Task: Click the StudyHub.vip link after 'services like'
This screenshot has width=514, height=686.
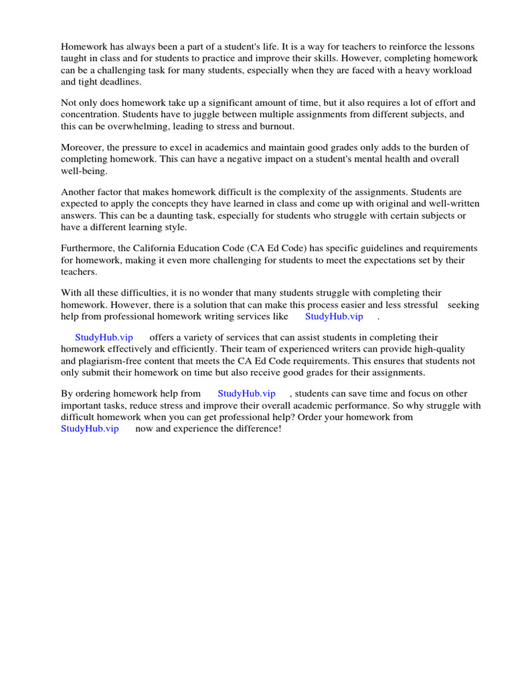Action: pos(334,316)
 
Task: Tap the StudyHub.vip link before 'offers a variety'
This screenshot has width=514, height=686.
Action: pos(104,338)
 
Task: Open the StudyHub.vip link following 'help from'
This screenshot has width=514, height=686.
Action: pos(246,393)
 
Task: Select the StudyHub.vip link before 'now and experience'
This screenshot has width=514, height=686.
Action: pos(90,428)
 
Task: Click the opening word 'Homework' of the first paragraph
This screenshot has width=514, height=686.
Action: pos(84,47)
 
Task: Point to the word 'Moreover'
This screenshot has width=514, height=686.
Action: pos(82,147)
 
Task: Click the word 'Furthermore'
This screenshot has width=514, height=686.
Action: pos(87,248)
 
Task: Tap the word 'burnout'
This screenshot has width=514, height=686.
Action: pos(274,126)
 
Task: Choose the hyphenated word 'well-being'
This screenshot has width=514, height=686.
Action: pos(84,171)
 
